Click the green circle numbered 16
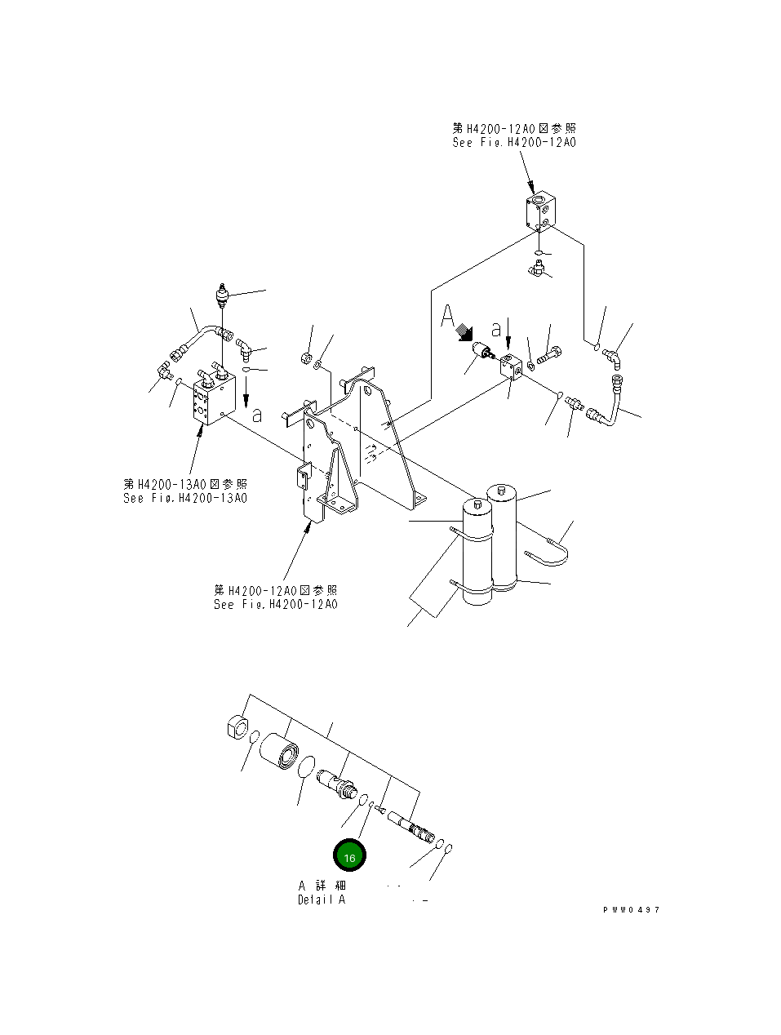pyautogui.click(x=349, y=856)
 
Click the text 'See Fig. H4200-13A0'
pyautogui.click(x=185, y=498)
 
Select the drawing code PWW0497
pyautogui.click(x=632, y=909)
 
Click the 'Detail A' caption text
pyautogui.click(x=321, y=900)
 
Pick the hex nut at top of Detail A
pyautogui.click(x=237, y=726)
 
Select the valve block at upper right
pyautogui.click(x=540, y=210)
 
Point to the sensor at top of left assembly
pyautogui.click(x=220, y=295)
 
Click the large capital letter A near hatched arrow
pyautogui.click(x=447, y=317)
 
